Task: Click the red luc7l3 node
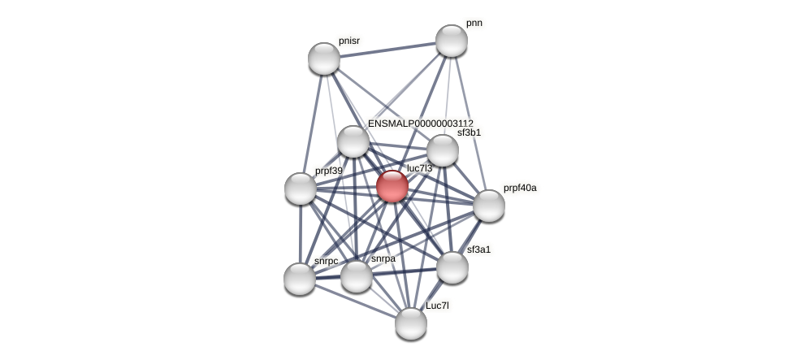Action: (x=392, y=186)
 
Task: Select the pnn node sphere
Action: (x=451, y=41)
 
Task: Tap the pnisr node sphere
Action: (x=324, y=59)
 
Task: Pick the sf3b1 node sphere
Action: (x=443, y=150)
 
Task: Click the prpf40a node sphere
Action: (x=488, y=206)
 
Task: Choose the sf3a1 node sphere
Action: (x=452, y=267)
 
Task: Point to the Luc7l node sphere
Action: (x=411, y=323)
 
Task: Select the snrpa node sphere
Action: (x=357, y=276)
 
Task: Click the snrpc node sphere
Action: (x=300, y=279)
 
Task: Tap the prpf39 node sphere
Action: (x=301, y=189)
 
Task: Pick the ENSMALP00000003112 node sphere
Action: (x=353, y=141)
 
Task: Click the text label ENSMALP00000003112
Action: (x=420, y=124)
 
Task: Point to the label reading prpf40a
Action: (x=519, y=189)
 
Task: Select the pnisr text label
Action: (x=349, y=41)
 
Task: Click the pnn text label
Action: (x=474, y=24)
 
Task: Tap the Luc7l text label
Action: (x=437, y=306)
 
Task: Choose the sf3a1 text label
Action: (x=478, y=249)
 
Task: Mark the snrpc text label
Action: (x=326, y=262)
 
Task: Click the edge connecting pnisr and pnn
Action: (x=387, y=50)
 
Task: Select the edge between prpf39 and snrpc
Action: (x=301, y=234)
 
